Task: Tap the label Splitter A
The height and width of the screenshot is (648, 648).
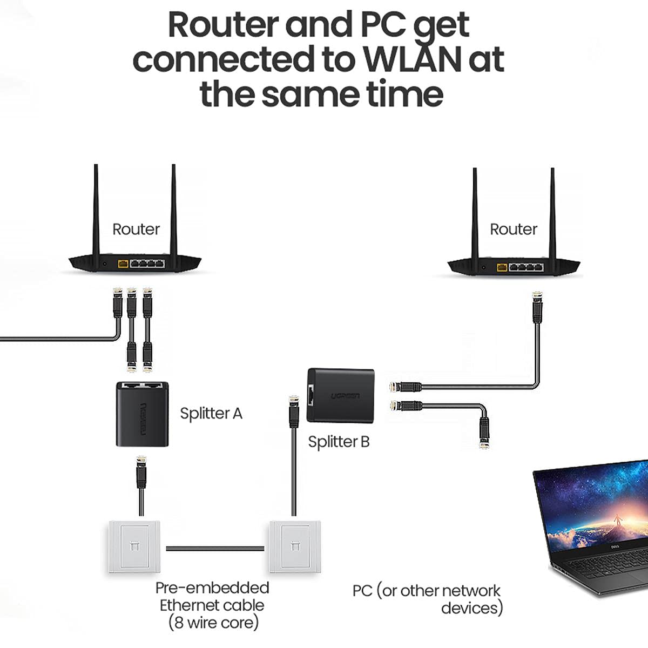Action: pos(211,414)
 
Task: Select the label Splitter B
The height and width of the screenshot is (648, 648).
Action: pos(339,442)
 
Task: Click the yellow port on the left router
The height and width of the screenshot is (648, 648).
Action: pos(123,264)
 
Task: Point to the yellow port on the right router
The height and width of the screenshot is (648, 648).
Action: pos(502,267)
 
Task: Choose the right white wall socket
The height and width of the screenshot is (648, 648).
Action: pos(294,546)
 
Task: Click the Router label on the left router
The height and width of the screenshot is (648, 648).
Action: pos(136,230)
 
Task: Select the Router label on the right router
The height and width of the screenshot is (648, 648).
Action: pos(513,230)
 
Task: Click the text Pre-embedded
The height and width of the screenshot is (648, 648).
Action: pos(212,588)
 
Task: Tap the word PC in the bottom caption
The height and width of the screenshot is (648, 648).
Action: pos(362,591)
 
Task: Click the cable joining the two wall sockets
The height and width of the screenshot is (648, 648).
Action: pos(215,549)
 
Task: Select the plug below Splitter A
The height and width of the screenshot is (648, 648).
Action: pos(141,470)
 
